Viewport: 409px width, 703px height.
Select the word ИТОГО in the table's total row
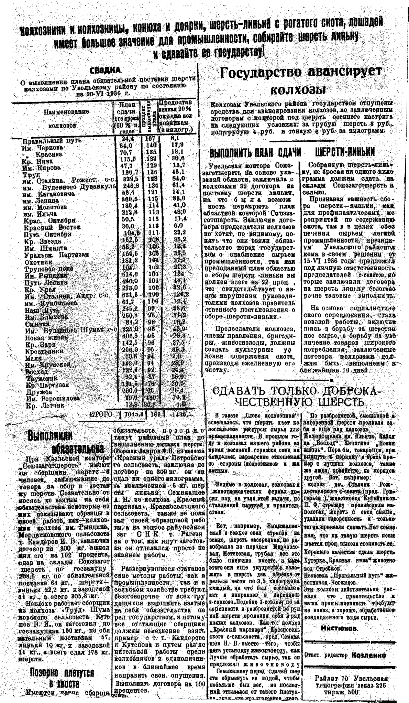pos(101,414)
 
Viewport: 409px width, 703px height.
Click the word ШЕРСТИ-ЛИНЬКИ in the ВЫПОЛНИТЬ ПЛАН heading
pos(345,153)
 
